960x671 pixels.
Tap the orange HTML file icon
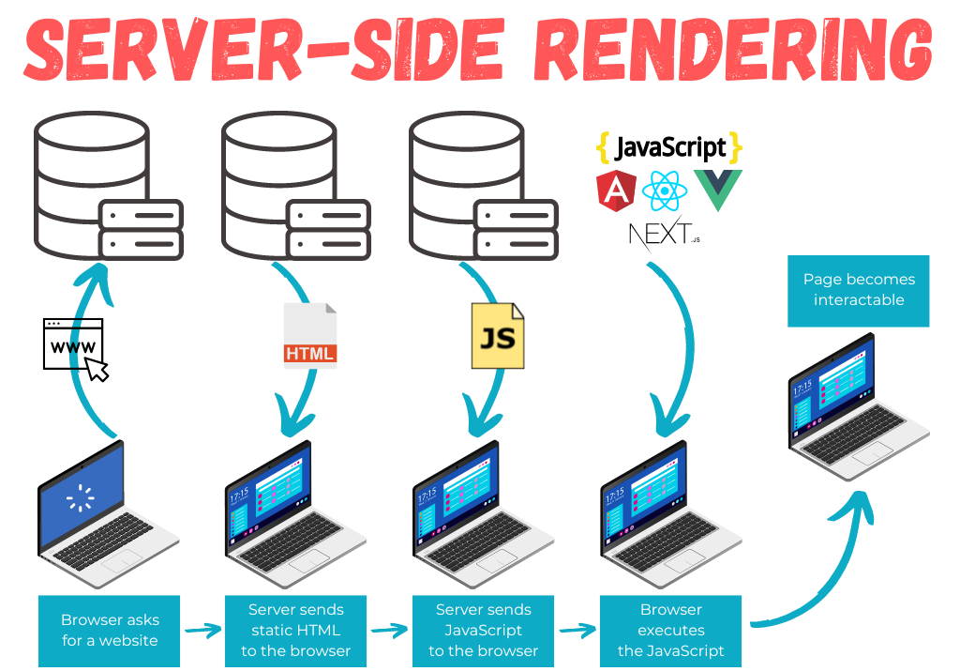(309, 335)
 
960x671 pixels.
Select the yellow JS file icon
(498, 335)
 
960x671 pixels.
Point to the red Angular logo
(616, 191)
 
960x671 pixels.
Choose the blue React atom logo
(665, 191)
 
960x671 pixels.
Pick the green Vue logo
(717, 190)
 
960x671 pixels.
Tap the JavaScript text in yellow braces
(668, 147)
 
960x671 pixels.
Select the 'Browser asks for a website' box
(111, 631)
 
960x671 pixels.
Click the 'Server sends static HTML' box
(296, 631)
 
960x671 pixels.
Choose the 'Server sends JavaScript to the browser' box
(484, 631)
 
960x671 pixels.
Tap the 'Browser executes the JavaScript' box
(671, 631)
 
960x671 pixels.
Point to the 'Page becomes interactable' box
(859, 290)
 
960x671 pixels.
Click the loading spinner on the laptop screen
(81, 496)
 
